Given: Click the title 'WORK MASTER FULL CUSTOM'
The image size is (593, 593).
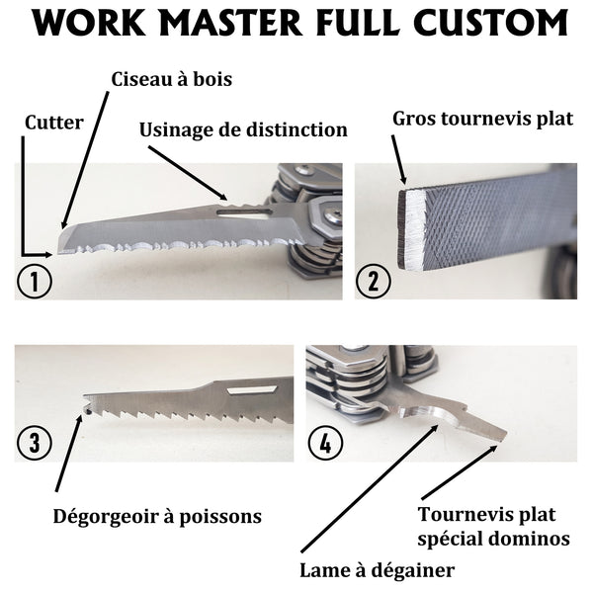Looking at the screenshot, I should click(x=296, y=24).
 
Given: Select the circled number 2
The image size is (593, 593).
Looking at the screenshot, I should click(x=374, y=281).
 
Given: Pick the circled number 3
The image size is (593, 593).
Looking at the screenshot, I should click(x=35, y=443).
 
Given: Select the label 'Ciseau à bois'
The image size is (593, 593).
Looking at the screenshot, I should click(x=171, y=79).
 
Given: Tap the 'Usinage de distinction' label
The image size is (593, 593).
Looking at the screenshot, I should click(x=243, y=129).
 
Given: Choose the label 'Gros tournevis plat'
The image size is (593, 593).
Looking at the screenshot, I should click(x=482, y=119).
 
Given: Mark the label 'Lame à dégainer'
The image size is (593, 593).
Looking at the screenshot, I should click(x=377, y=569).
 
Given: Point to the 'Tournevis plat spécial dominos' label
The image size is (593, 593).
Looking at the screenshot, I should click(x=493, y=526).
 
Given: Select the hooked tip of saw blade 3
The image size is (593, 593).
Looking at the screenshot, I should click(x=87, y=405).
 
